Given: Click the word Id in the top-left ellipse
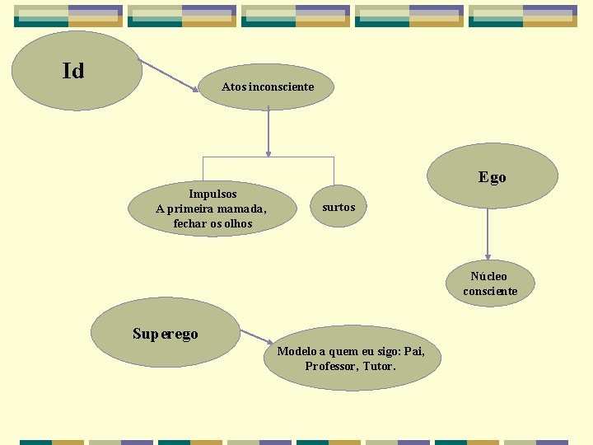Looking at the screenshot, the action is (73, 72).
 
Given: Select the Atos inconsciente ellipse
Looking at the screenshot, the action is (268, 87).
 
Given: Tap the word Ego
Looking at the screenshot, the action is (493, 177).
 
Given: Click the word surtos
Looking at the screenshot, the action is (339, 207).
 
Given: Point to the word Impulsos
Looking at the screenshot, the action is (212, 194).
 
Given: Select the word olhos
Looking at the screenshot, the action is (236, 223).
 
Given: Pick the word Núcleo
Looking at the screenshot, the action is (489, 276).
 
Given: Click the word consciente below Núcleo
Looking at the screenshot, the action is (490, 291).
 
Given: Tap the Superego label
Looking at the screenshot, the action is (166, 334).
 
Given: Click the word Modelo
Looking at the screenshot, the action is (296, 351).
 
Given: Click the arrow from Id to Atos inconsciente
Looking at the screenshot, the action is (170, 74).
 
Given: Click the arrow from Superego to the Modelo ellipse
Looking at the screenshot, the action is (256, 337).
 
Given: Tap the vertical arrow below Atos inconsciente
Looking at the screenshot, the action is (268, 132).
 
